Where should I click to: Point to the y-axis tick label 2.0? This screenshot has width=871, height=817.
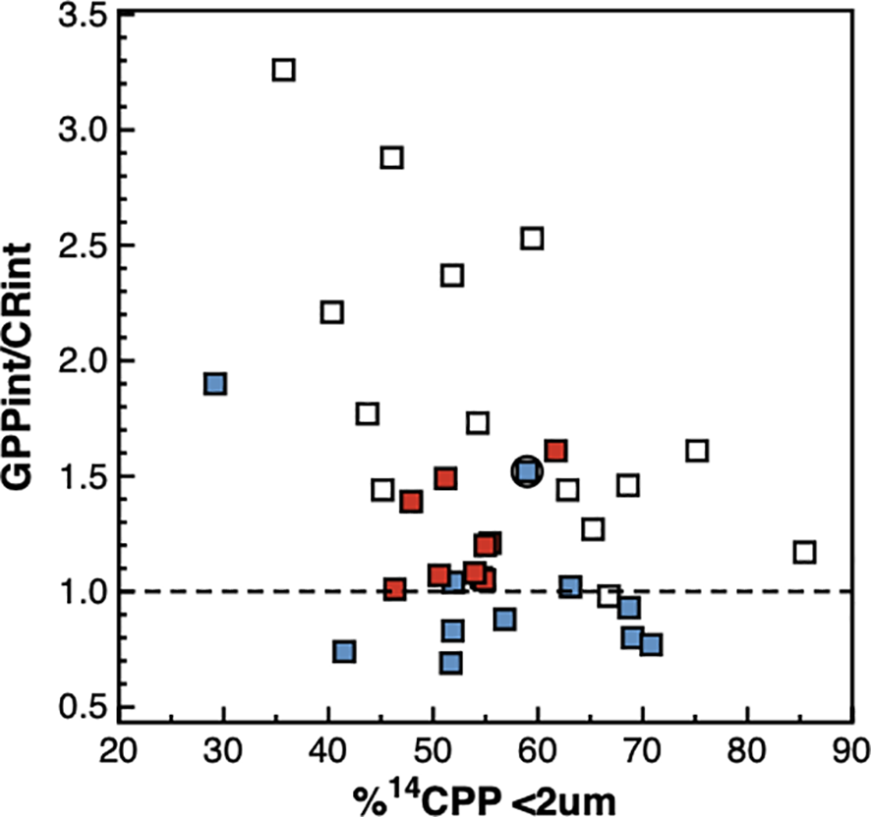pos(84,360)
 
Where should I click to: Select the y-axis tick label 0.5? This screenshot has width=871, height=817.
pos(84,707)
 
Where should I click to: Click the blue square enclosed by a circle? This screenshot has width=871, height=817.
pos(527,471)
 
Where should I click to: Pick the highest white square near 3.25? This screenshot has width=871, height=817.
pos(284,70)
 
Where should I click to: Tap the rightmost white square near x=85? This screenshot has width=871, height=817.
pos(804,552)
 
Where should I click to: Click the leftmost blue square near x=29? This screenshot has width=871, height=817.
pos(215,383)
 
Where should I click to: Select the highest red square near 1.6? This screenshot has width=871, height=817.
pos(555,451)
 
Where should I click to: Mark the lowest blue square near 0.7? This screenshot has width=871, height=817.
pos(451,662)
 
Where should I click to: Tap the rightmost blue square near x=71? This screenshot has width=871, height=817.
pos(651,644)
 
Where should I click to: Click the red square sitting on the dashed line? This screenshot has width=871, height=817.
pos(395,589)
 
